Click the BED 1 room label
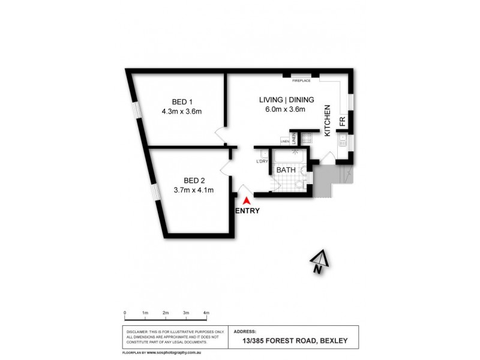click(181, 101)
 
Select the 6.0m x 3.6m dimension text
click(285, 109)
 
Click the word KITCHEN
click(328, 121)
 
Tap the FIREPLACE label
click(301, 80)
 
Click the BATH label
click(286, 170)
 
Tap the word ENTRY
click(248, 211)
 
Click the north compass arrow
click(319, 259)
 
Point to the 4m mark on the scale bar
click(206, 313)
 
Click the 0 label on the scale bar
click(125, 313)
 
